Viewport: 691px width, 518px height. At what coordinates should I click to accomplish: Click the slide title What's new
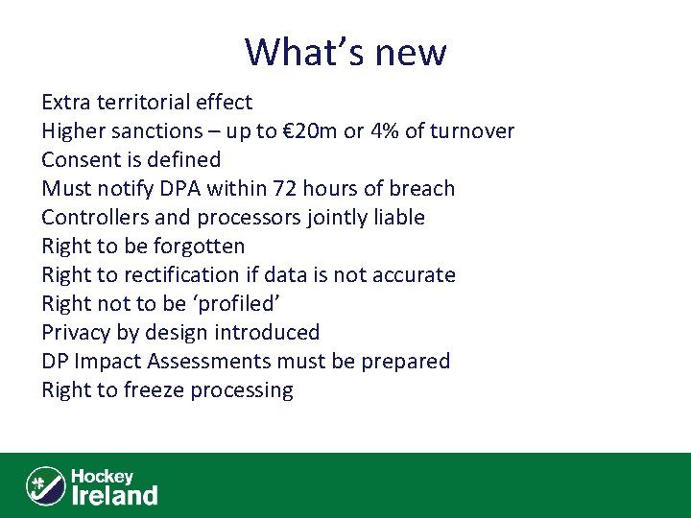point(345,52)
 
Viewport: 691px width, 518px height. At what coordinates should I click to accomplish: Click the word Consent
point(79,160)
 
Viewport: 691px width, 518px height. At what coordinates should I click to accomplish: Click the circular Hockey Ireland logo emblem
point(45,485)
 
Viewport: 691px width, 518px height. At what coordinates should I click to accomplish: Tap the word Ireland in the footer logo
point(114,495)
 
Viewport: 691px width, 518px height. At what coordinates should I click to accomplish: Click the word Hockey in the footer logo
point(102,476)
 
